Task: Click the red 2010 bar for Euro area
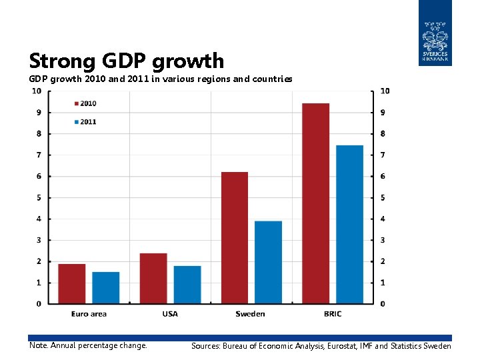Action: tap(71, 284)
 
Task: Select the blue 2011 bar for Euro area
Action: tap(105, 288)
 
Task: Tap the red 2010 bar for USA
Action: tap(153, 279)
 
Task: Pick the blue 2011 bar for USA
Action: tap(187, 285)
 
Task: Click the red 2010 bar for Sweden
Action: tap(235, 238)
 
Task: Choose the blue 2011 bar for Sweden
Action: tap(269, 263)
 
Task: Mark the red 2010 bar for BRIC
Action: tap(316, 203)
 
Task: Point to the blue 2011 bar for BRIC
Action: tap(350, 225)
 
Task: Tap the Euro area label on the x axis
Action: tap(89, 314)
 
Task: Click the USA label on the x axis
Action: tap(170, 314)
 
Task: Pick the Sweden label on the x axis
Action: tap(250, 314)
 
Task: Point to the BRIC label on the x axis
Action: tap(332, 314)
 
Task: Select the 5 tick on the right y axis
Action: tap(383, 197)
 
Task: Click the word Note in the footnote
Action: tap(38, 345)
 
